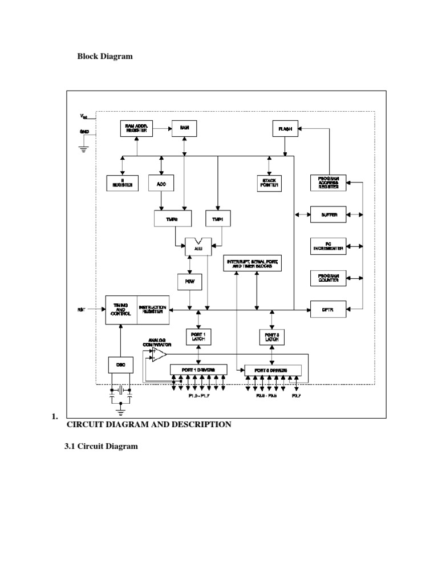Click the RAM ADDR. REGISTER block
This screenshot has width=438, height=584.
137,128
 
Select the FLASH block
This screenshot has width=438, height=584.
285,128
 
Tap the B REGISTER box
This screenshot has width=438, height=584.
121,183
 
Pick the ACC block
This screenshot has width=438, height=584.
161,183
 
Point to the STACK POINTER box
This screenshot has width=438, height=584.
269,183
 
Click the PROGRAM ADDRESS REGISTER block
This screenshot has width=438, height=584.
328,182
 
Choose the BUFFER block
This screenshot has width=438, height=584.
328,215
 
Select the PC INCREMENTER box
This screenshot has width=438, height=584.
328,246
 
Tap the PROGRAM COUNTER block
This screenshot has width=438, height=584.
328,278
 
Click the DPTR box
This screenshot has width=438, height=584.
328,310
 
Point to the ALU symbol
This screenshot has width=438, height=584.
198,248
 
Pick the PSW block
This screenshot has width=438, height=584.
189,281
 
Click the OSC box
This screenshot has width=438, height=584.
121,365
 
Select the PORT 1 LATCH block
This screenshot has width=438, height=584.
198,336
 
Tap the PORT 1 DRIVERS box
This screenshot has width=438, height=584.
198,370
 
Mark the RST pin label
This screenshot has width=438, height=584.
81,310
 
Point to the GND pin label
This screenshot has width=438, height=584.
84,132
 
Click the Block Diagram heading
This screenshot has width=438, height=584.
104,56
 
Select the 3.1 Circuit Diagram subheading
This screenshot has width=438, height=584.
102,446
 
